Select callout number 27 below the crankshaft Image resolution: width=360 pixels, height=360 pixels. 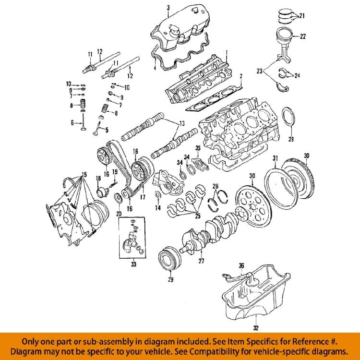[201, 262]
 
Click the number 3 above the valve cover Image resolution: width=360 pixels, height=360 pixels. [168, 7]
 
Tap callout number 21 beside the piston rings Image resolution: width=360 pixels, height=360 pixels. [301, 16]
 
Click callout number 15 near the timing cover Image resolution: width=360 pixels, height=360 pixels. [84, 173]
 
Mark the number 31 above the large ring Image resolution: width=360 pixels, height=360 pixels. [276, 158]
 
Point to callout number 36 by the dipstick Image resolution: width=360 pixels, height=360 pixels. [241, 265]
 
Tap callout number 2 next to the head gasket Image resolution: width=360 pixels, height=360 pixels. [241, 76]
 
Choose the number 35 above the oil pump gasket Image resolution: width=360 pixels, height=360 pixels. [197, 147]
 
